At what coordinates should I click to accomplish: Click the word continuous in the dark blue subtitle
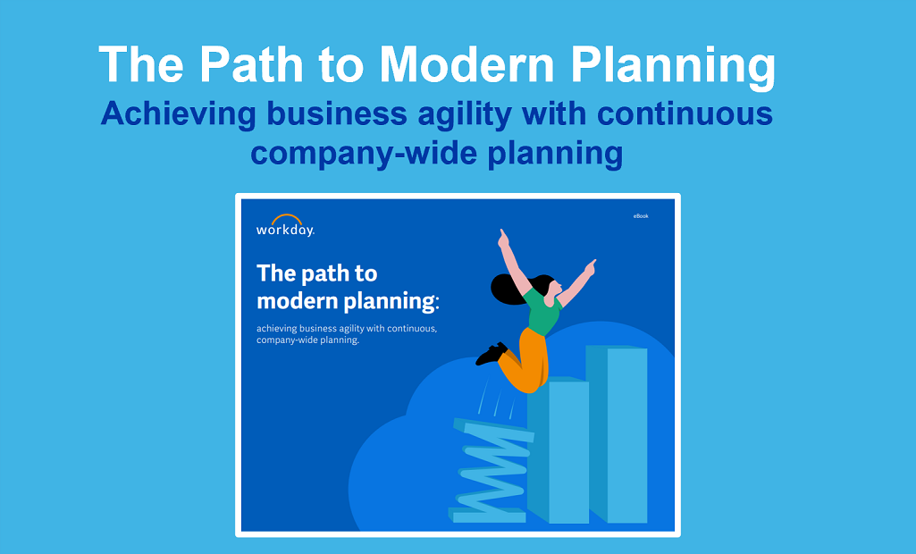click(x=685, y=114)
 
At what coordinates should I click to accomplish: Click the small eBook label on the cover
click(x=640, y=216)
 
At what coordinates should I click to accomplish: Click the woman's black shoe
click(x=491, y=354)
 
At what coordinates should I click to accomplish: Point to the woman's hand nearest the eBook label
click(x=590, y=265)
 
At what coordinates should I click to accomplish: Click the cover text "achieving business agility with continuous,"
click(x=347, y=328)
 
